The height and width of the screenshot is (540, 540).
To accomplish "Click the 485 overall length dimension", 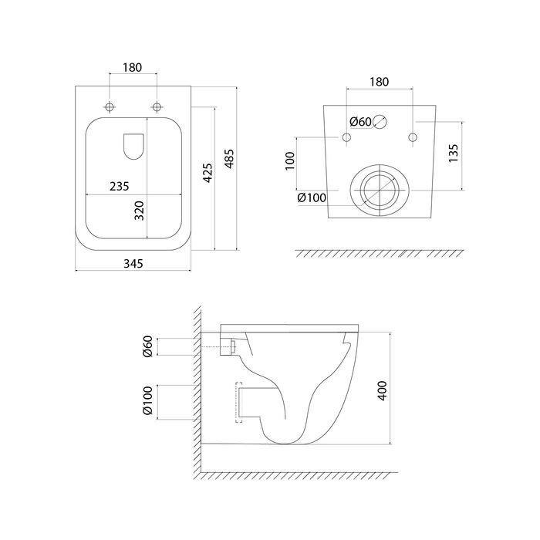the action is click(x=229, y=159).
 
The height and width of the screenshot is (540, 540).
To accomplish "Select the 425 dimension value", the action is click(x=208, y=173).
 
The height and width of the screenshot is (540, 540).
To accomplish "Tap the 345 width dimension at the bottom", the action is click(x=133, y=264).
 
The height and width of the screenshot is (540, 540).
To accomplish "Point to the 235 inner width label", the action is click(x=119, y=187).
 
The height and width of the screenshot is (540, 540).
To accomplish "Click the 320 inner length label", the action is click(x=139, y=211).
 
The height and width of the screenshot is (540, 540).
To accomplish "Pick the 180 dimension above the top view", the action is click(x=132, y=68).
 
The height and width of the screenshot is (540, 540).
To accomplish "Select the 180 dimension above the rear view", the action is click(x=380, y=82).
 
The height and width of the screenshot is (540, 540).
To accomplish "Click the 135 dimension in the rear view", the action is click(x=454, y=154).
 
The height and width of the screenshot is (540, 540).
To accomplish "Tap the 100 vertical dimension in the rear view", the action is click(x=290, y=160).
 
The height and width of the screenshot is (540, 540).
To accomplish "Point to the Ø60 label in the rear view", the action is click(x=360, y=122).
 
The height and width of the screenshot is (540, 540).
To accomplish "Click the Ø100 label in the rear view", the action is click(x=312, y=197).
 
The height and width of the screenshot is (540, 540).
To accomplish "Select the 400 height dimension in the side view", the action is click(x=383, y=390).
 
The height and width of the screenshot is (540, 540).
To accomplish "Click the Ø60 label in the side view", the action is click(x=147, y=346).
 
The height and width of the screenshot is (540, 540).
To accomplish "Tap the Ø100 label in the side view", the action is click(x=147, y=400).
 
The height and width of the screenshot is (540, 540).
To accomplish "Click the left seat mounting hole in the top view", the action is click(x=110, y=107).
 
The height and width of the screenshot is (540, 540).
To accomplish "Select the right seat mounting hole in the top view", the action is click(x=157, y=107).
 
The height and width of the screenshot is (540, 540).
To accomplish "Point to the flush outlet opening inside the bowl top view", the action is click(x=133, y=147).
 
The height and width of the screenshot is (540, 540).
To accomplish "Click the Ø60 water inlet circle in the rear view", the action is click(x=380, y=122).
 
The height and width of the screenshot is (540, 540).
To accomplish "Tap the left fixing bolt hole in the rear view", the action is click(x=346, y=137).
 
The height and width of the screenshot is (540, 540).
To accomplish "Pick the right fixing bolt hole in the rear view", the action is click(x=413, y=137).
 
